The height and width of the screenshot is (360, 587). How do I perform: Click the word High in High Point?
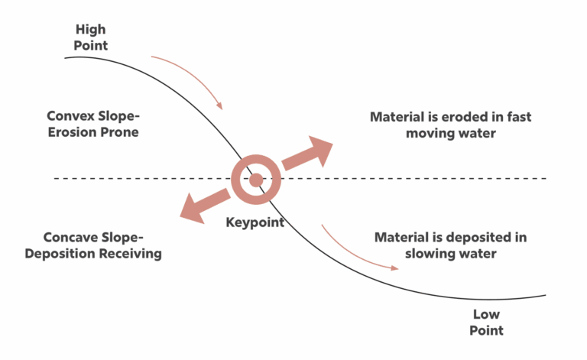(91, 30)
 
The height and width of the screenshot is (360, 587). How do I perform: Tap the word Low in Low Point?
(486, 314)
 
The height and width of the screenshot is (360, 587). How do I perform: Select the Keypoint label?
(255, 222)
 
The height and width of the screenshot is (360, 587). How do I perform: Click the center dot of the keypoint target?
(256, 180)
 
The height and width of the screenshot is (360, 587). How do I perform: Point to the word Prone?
(118, 132)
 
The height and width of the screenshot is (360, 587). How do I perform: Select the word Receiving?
(130, 253)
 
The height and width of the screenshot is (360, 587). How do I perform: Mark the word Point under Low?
(486, 330)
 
